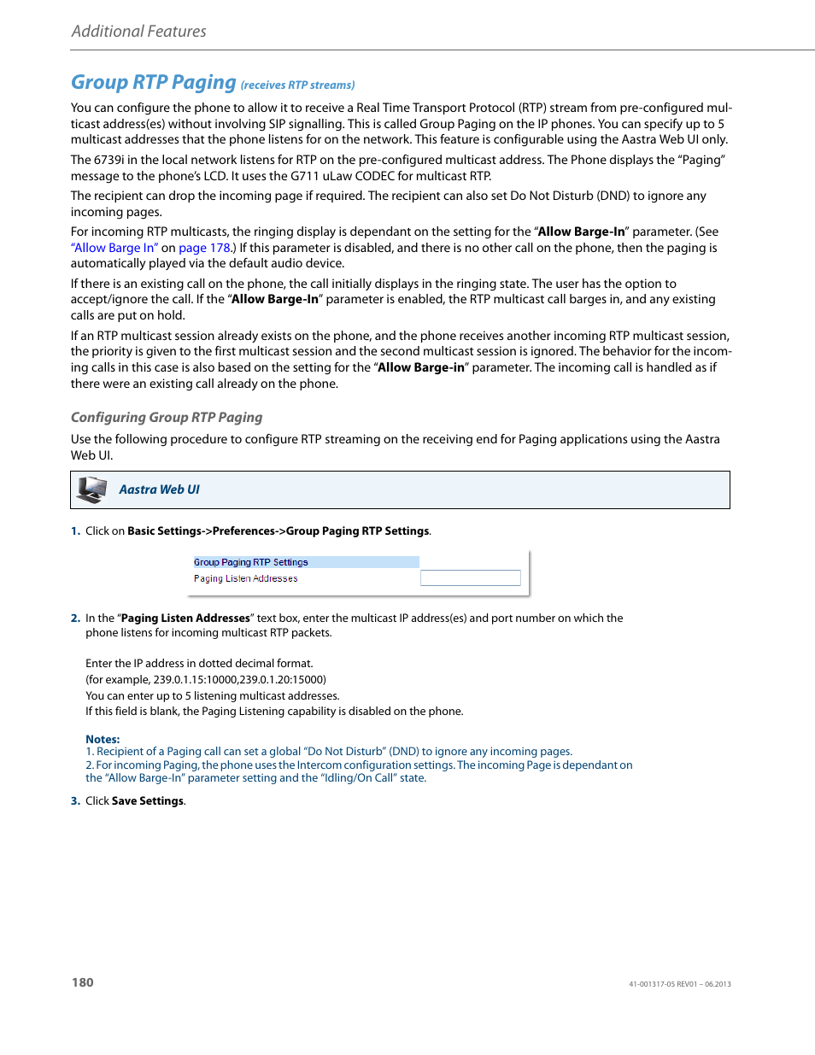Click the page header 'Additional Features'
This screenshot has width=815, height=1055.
coord(138,32)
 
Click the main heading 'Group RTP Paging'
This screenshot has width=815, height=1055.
coord(153,82)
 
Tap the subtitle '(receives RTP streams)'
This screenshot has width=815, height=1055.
coord(297,85)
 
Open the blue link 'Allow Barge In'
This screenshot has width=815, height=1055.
coord(114,248)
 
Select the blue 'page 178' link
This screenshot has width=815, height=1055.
coord(204,248)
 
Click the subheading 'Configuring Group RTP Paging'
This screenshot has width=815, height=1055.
coord(167,418)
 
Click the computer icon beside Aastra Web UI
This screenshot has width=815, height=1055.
coord(91,489)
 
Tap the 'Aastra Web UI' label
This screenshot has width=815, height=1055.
coord(159,489)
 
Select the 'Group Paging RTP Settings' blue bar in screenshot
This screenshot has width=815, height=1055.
coord(305,562)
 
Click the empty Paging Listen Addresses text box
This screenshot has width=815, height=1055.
coord(470,578)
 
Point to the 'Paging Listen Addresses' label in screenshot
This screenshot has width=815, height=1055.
coord(245,578)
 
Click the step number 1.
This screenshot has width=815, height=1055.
coord(75,531)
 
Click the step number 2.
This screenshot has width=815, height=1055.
coord(75,618)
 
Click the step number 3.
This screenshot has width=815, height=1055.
coord(75,801)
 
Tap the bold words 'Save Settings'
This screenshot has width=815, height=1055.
coord(148,801)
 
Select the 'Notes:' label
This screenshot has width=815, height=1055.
coord(103,739)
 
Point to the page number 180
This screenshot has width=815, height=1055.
coord(83,982)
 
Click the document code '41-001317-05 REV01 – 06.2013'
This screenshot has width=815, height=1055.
coord(679,984)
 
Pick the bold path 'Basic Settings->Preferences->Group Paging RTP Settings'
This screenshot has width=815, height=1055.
coord(278,531)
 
